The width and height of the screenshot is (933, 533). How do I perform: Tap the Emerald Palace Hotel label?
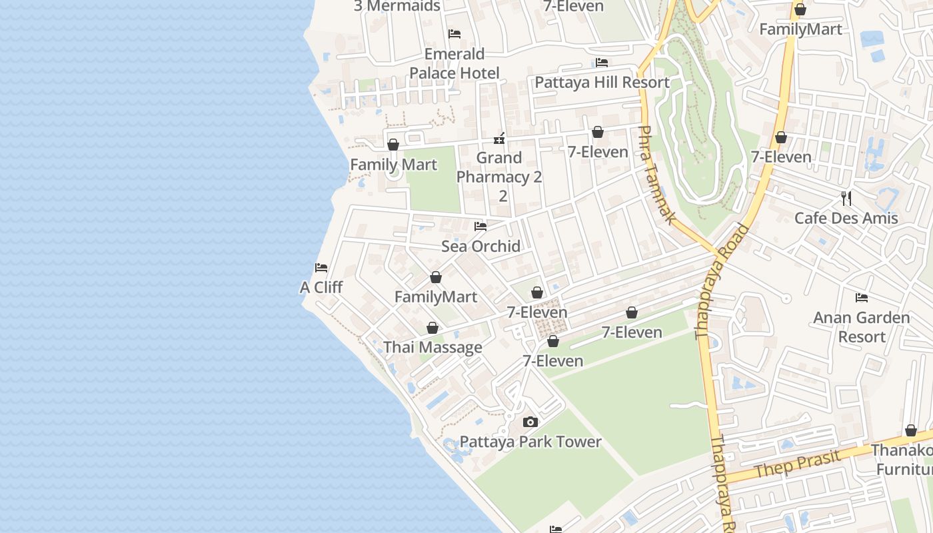(x=455, y=63)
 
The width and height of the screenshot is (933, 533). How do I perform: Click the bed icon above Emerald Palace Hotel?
(x=455, y=33)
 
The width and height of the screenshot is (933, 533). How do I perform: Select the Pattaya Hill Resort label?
(x=602, y=83)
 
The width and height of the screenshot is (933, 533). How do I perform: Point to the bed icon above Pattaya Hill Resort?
(x=602, y=63)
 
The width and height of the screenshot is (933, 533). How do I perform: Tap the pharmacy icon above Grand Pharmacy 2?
(x=499, y=139)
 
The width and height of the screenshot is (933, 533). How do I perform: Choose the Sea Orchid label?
(x=480, y=247)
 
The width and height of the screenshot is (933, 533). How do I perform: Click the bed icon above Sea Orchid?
(x=480, y=227)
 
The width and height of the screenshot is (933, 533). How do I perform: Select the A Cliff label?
(x=321, y=287)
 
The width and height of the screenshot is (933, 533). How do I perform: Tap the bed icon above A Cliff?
(x=321, y=268)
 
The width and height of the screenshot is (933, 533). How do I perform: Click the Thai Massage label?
(x=433, y=347)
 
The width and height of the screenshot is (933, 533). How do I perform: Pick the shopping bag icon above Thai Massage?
(x=433, y=328)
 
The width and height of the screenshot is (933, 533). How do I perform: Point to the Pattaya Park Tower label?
(x=530, y=442)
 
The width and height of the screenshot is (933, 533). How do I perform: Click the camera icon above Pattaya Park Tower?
(x=530, y=422)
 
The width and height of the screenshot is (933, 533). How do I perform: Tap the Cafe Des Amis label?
(x=846, y=218)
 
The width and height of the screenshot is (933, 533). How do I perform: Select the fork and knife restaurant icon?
(x=846, y=198)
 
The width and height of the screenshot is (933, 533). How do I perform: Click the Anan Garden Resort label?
(x=862, y=327)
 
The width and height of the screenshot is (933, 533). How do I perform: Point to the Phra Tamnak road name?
(x=657, y=175)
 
